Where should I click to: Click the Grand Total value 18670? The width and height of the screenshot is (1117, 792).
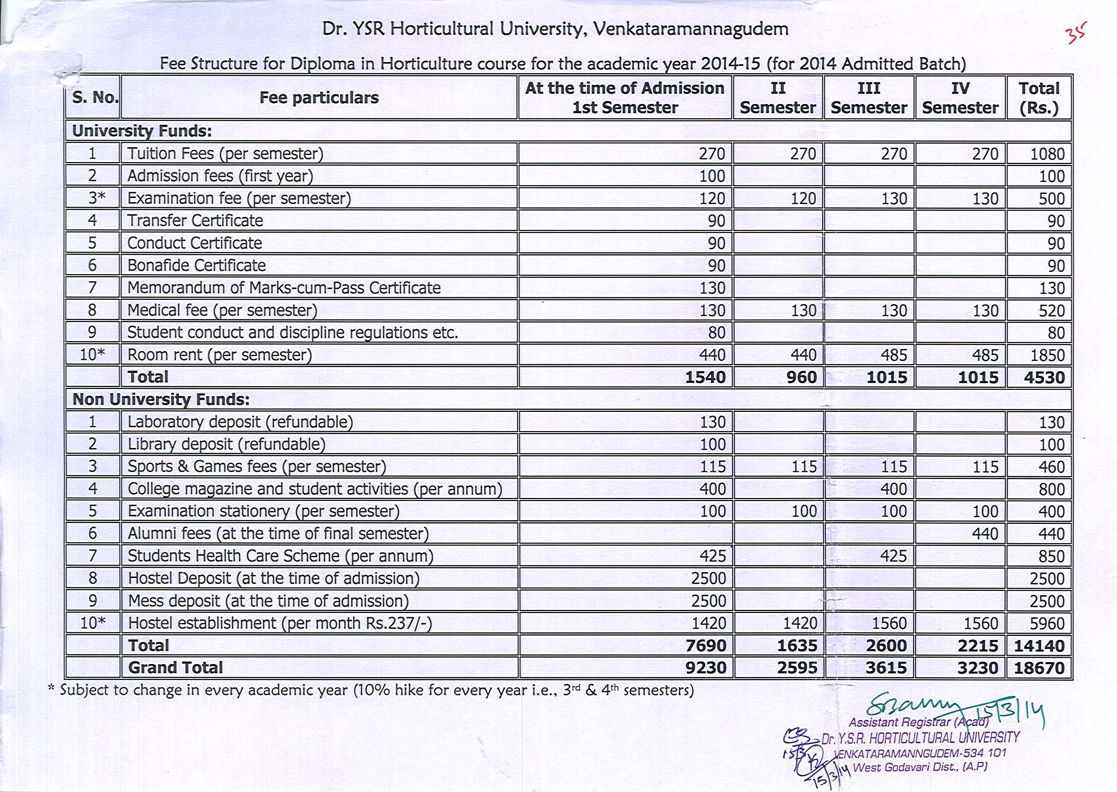[x=1039, y=668]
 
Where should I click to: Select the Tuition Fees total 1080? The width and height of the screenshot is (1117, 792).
[x=1047, y=154]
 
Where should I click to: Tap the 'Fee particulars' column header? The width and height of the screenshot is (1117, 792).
[x=319, y=98]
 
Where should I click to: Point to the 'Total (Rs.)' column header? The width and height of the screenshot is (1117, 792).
[x=1039, y=98]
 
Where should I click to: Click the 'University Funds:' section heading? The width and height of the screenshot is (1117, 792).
[x=142, y=131]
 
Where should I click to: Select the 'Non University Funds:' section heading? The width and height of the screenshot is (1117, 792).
[x=161, y=400]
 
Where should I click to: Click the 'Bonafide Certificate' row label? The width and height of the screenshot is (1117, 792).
[x=196, y=266]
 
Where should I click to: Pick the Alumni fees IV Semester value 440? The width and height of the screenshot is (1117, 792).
[x=985, y=534]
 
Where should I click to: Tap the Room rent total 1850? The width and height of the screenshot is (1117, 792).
[x=1047, y=355]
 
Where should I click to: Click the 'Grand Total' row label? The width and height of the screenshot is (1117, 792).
[x=176, y=668]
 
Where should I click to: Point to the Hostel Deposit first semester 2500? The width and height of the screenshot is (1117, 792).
[x=708, y=579]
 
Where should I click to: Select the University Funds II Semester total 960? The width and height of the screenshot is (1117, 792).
[x=801, y=377]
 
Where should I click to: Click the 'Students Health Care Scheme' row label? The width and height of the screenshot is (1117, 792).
[x=280, y=556]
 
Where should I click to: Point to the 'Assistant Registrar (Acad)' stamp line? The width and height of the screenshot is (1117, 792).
[x=919, y=722]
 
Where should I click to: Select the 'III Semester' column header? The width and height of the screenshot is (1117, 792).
[x=869, y=98]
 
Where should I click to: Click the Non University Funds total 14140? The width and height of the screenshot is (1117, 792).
[x=1039, y=646]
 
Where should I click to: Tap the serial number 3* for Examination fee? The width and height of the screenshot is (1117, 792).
[x=93, y=199]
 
